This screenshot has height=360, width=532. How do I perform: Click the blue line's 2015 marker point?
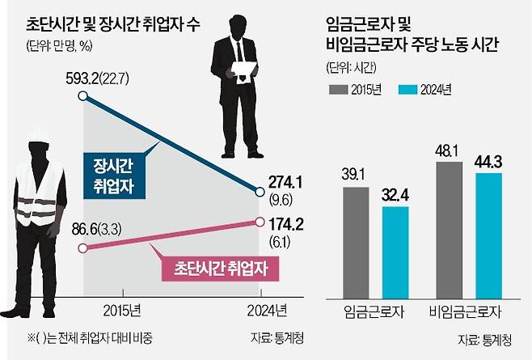point(82,96)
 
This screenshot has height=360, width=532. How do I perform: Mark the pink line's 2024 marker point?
point(260,221)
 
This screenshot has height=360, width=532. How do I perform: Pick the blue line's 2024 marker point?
point(260,193)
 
